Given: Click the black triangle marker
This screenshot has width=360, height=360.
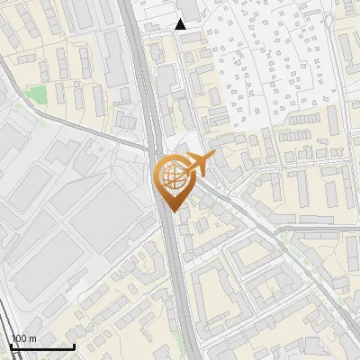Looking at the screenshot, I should pos(181,24).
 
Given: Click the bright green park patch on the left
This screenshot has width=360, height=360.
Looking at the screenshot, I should pos(35,94).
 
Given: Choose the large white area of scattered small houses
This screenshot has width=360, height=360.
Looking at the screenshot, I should pos(270,72).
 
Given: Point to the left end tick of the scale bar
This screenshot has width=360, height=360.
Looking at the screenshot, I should pos(11,346).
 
